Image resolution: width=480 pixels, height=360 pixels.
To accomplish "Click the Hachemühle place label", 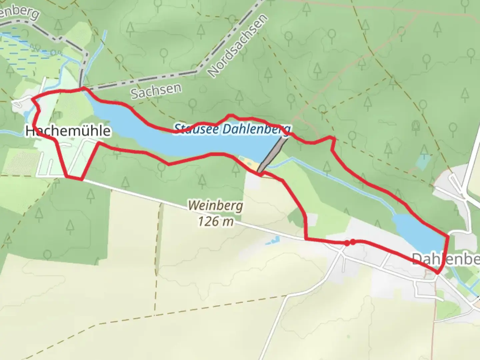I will [68, 131].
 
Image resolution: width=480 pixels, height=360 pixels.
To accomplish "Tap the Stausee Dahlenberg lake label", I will [232, 129].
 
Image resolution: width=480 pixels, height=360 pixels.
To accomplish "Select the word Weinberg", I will [215, 206].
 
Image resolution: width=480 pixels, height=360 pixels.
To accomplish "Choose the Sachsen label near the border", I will [156, 91].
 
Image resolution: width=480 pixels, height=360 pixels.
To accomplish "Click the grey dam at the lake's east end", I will [272, 155].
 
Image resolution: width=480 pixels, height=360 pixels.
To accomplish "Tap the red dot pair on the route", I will [350, 243].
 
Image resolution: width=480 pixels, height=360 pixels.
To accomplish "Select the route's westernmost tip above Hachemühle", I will [32, 99].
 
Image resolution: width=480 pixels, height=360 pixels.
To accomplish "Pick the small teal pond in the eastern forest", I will [422, 162].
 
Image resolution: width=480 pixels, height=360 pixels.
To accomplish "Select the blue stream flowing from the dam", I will [333, 178].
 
